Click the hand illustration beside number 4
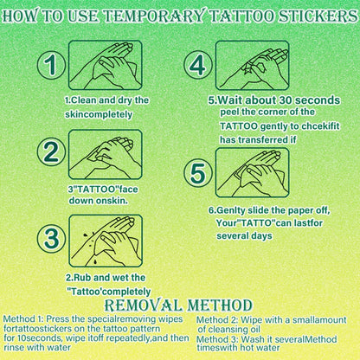[x=253, y=66]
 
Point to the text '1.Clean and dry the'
[x=106, y=100]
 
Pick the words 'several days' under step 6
[x=242, y=235]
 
